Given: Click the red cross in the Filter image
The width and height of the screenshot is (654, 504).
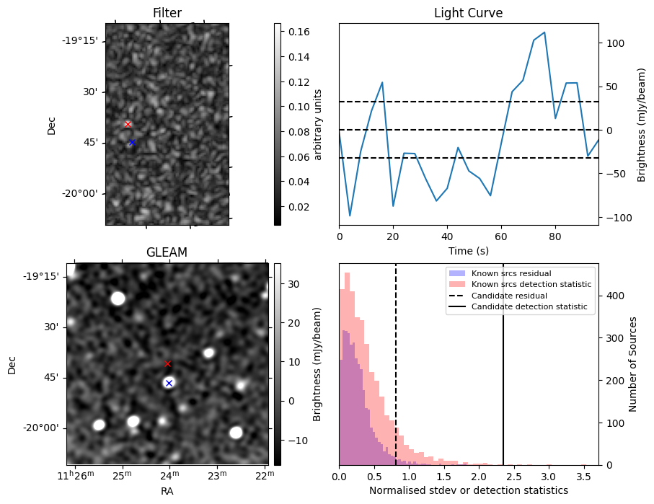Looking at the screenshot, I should point(128,124).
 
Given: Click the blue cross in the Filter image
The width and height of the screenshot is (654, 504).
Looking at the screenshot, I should point(132,143).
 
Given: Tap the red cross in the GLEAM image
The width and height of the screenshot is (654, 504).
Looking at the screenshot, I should point(168,363).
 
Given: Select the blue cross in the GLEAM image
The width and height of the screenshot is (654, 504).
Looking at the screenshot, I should point(169,383).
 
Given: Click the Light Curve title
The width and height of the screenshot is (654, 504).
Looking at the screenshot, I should point(468,13).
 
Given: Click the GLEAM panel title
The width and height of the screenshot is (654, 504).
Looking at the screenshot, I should point(167,252).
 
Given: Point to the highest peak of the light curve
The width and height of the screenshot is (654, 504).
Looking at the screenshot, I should point(544,32).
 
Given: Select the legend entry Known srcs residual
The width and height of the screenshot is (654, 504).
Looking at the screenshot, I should point(511,273).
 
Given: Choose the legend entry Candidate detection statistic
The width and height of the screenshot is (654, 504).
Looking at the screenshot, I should point(529,307).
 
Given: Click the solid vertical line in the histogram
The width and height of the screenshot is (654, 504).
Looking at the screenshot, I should point(503,375).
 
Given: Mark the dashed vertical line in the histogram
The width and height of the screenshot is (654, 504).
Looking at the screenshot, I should point(396,375).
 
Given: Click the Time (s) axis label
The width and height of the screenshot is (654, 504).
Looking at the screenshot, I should point(468,249).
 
